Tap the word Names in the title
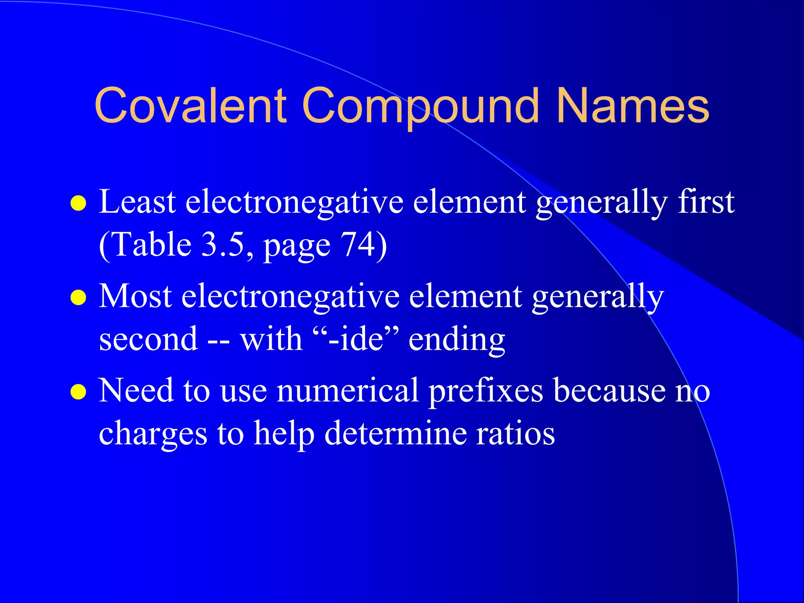[x=633, y=106]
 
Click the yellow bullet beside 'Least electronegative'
[x=78, y=203]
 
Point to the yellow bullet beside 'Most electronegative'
[x=78, y=297]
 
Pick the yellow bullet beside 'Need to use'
[x=78, y=391]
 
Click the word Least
[x=137, y=202]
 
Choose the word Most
[x=135, y=296]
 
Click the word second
[x=148, y=339]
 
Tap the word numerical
[x=347, y=391]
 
